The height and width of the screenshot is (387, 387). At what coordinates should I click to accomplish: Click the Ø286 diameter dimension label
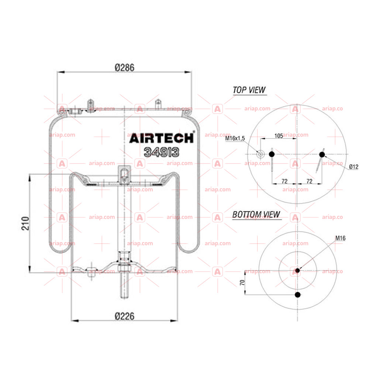tap(125, 68)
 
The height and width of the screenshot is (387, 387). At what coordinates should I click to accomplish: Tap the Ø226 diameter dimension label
tap(125, 316)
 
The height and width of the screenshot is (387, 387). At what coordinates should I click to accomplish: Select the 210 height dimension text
tap(25, 223)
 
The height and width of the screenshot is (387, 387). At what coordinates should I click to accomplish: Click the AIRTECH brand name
tap(162, 138)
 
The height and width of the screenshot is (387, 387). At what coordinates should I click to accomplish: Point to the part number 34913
tap(162, 152)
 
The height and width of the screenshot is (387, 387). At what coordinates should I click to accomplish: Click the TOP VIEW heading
tap(249, 90)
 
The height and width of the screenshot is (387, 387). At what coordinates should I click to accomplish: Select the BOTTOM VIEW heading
tap(256, 214)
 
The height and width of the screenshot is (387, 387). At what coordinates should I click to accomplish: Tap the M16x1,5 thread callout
tap(235, 138)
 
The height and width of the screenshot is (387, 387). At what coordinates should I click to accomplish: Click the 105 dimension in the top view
tap(279, 136)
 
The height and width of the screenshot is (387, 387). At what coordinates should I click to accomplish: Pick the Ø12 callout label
tap(354, 167)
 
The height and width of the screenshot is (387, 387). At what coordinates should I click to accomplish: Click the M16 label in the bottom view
tap(341, 238)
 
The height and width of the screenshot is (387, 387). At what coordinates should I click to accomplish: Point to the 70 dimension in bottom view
tap(242, 282)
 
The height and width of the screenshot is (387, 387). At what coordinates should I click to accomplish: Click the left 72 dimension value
tap(284, 182)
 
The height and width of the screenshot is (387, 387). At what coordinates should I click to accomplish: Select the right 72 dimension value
tap(310, 182)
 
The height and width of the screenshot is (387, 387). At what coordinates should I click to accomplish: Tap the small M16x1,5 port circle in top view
tap(260, 154)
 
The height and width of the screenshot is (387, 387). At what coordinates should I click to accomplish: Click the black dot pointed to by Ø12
tap(322, 155)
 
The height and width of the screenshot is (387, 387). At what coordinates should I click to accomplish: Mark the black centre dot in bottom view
tap(297, 270)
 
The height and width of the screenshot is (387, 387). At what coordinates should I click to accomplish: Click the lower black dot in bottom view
tap(298, 294)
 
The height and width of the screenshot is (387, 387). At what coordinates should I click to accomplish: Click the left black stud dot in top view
tap(272, 154)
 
